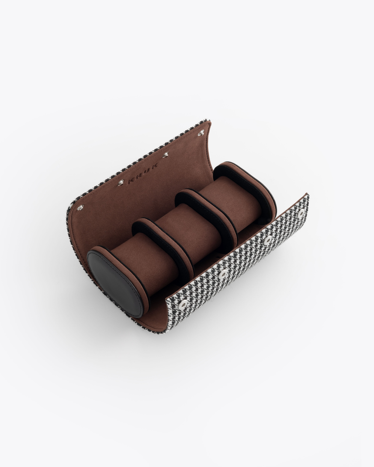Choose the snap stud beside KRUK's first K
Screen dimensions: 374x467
tap(120, 184)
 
